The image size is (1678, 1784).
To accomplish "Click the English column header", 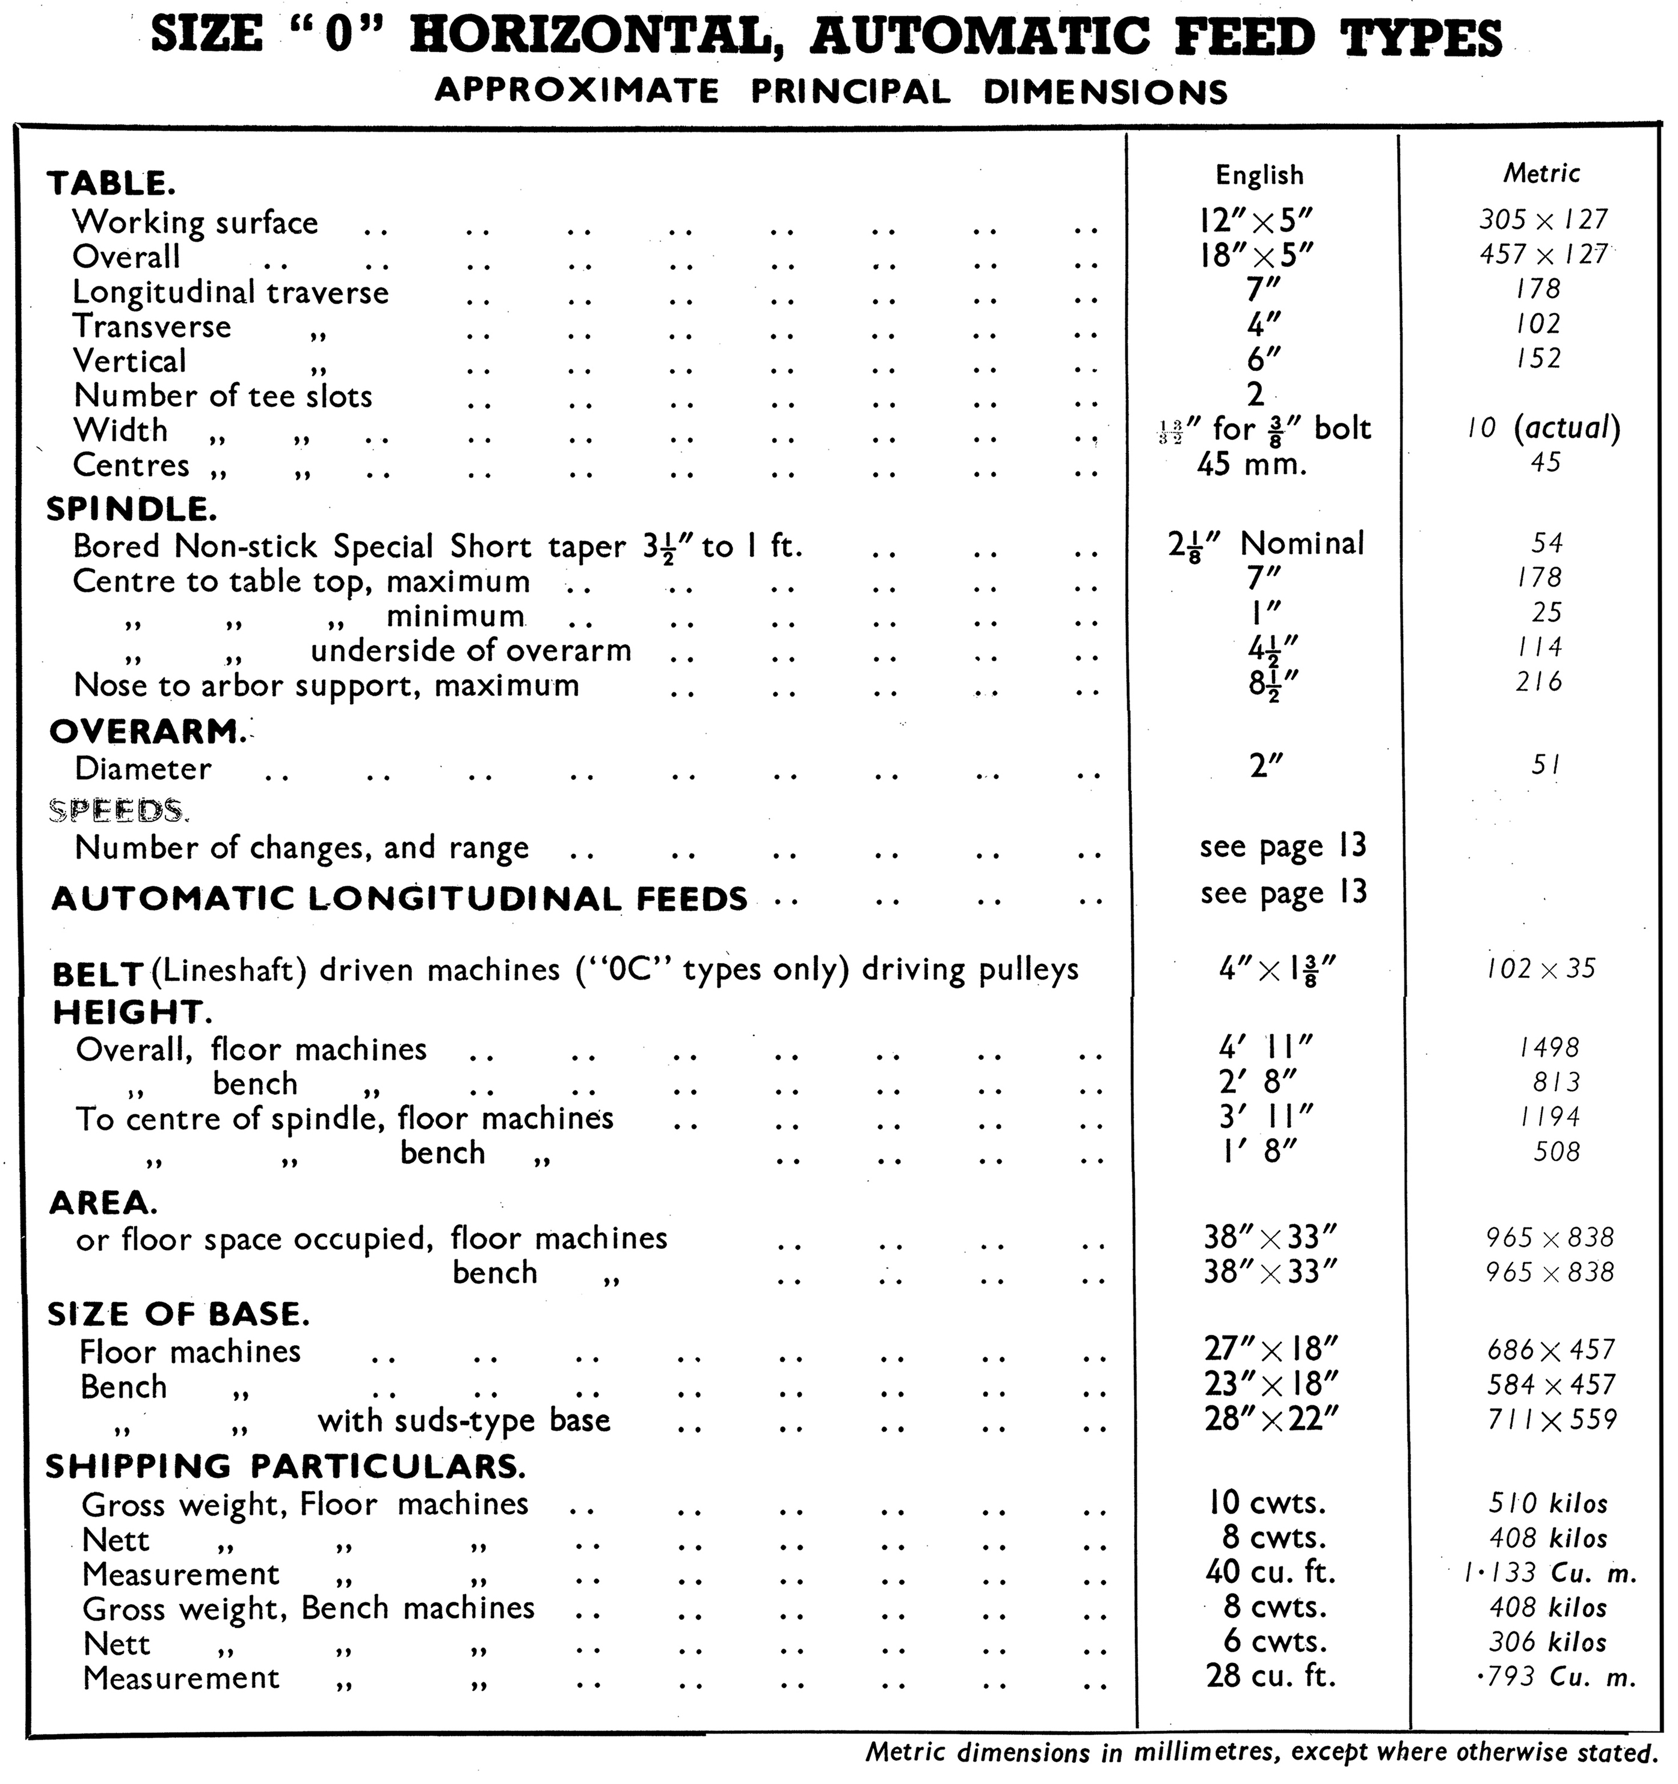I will [1259, 175].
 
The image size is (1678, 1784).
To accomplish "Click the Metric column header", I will [1541, 173].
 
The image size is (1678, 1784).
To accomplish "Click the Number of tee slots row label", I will [223, 396].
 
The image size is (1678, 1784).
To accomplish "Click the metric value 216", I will [1539, 681].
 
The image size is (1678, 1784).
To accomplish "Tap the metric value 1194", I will [1549, 1117].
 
